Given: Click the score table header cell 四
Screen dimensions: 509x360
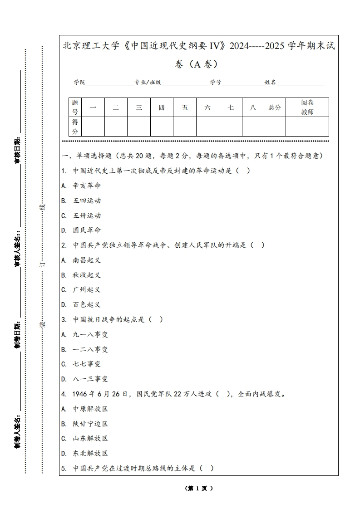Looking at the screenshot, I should [x=162, y=108].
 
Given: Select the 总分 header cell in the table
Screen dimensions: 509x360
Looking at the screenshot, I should [x=275, y=108].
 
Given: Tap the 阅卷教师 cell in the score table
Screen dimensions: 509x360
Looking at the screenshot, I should [x=307, y=108].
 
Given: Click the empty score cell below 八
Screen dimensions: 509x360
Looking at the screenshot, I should [x=253, y=127].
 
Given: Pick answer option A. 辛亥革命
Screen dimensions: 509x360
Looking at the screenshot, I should [x=81, y=186].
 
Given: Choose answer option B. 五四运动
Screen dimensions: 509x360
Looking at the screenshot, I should [x=81, y=201].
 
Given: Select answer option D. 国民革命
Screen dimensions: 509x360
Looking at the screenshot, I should [x=81, y=230].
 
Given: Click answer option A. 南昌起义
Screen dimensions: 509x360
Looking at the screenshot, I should [x=81, y=260].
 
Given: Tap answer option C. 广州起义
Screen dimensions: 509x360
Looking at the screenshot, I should [x=81, y=289].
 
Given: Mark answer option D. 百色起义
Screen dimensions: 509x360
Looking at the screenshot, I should [x=81, y=304].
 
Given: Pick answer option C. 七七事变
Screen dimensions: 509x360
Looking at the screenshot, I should [x=81, y=364].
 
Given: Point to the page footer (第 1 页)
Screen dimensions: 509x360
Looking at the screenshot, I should [x=199, y=488].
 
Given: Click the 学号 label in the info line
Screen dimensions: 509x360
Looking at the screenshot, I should [x=216, y=83].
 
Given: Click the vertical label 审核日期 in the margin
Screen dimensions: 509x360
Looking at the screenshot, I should [x=17, y=150].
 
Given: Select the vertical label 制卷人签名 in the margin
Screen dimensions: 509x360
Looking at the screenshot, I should [x=17, y=431].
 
